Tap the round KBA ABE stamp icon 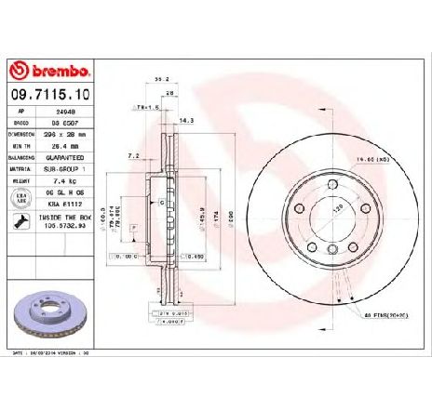(x=20, y=201)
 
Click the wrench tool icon (x=20, y=222)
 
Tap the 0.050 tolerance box (x=193, y=255)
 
